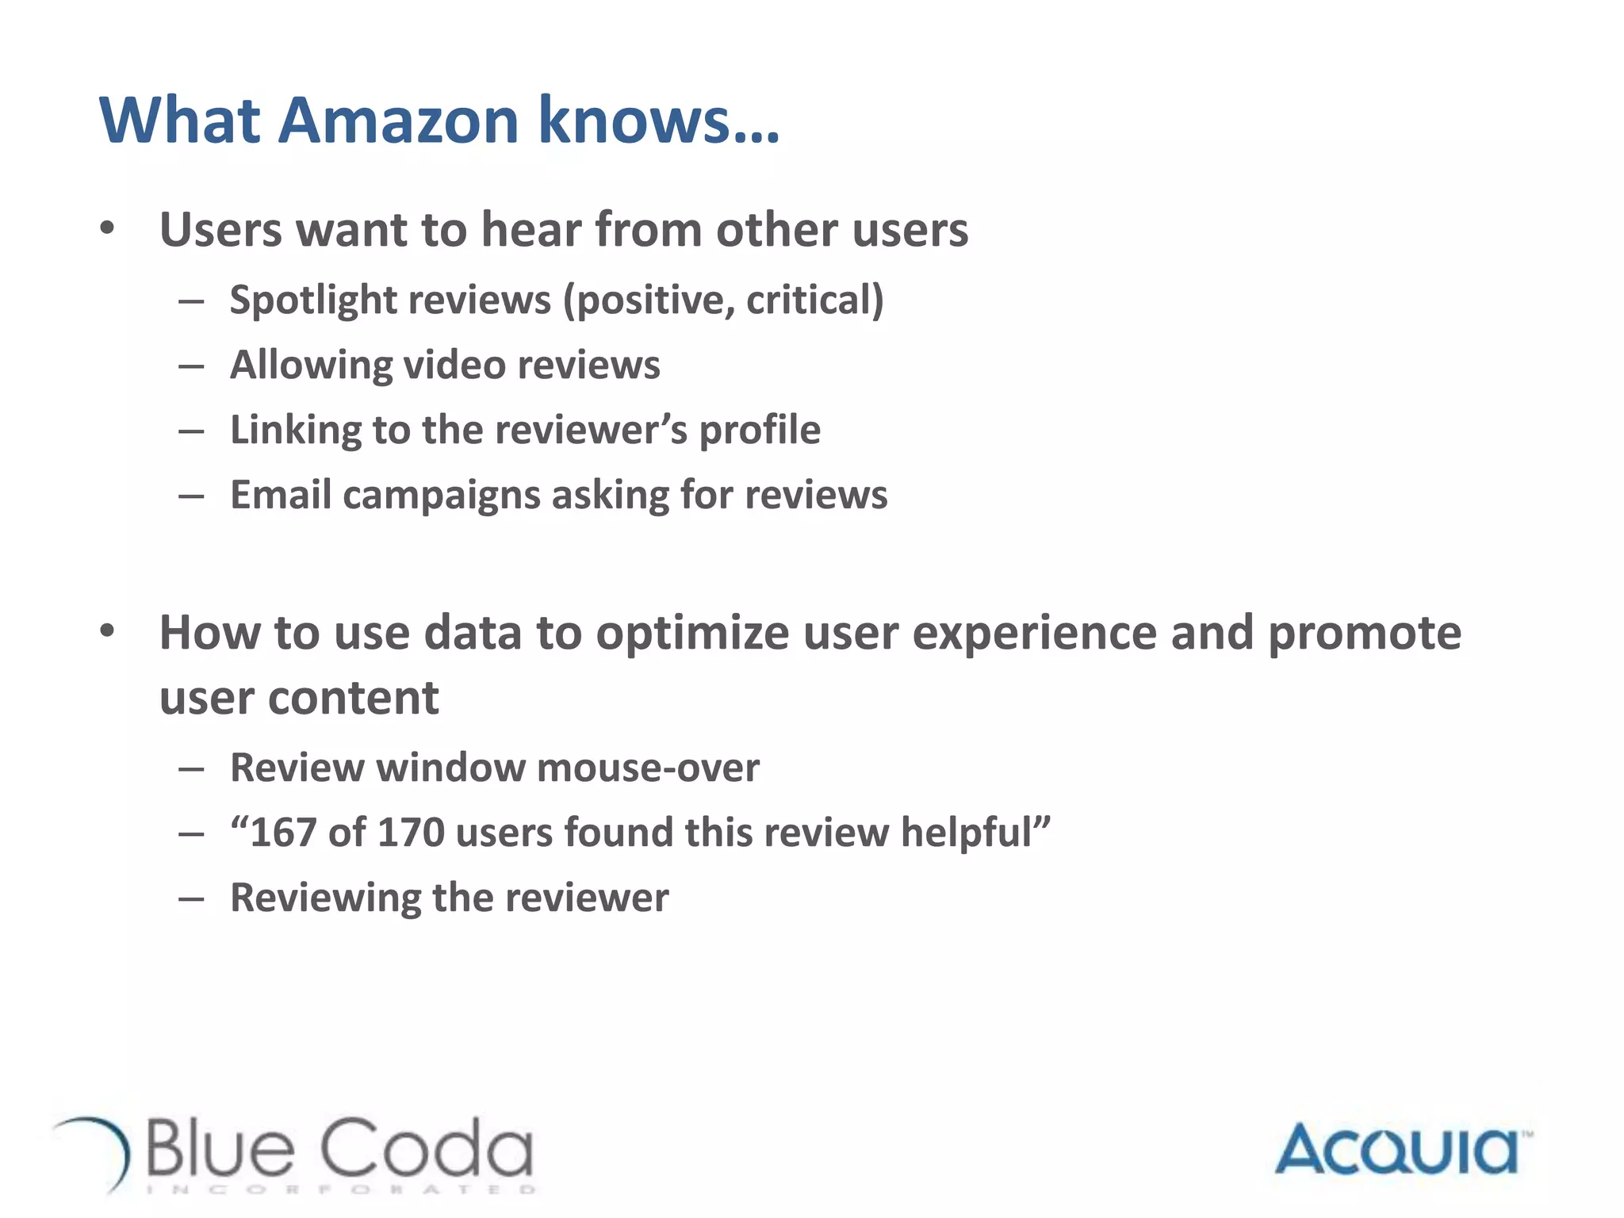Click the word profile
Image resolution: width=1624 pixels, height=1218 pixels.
[x=759, y=431]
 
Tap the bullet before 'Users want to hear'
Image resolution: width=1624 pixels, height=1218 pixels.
[x=108, y=228]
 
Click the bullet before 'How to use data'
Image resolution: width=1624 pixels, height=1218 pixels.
[x=108, y=631]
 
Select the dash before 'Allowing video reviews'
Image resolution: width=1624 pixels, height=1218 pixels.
[x=191, y=366]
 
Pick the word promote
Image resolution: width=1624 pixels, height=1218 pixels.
[x=1364, y=634]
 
